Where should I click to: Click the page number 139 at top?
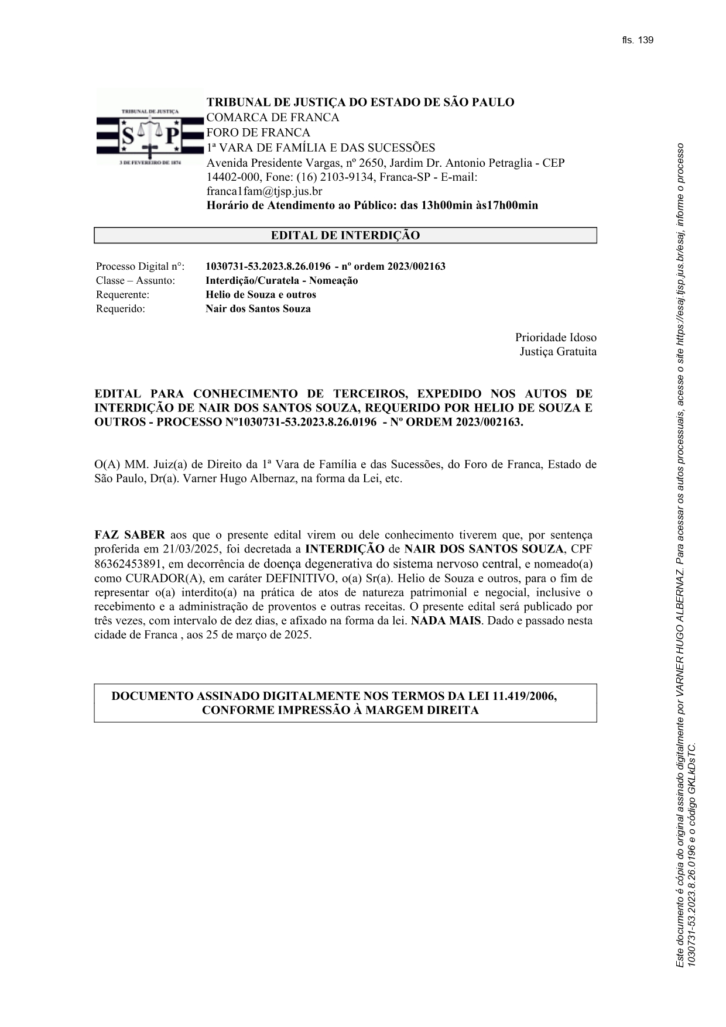[645, 40]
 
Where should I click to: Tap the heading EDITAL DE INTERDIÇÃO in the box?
[345, 236]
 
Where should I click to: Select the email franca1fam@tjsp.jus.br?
[264, 191]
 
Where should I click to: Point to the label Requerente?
[122, 295]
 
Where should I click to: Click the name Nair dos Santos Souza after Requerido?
[258, 309]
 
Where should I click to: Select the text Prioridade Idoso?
[556, 338]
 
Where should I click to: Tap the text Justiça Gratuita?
[558, 352]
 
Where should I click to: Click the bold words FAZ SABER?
[129, 535]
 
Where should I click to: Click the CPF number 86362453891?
[127, 564]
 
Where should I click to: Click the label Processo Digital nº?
[140, 267]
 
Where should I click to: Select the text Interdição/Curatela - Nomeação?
[282, 281]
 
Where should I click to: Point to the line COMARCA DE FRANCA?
[273, 118]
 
